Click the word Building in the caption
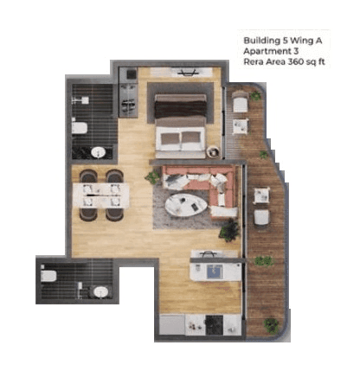260,40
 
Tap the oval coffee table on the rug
187,205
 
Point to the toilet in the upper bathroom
80,128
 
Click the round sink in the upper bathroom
98,153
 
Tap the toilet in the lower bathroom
50,275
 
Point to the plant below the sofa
229,231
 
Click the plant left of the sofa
153,178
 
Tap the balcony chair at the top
240,104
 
